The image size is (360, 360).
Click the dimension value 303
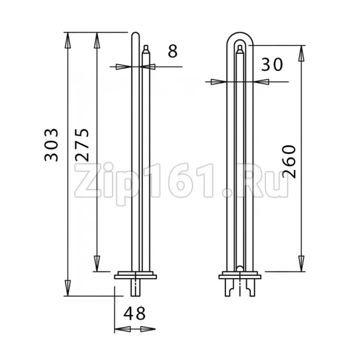[x=51, y=145]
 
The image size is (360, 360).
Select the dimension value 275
[x=82, y=145]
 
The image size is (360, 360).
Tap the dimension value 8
[x=173, y=51]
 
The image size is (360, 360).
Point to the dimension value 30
[x=272, y=64]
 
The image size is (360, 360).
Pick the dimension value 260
[x=289, y=161]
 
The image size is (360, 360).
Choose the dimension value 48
[x=135, y=313]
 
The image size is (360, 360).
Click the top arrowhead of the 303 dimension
[x=67, y=40]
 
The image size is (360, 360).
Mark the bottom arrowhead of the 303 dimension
[x=67, y=288]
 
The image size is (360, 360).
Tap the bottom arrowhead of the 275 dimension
[x=97, y=264]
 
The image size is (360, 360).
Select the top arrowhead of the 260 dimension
[x=301, y=53]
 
